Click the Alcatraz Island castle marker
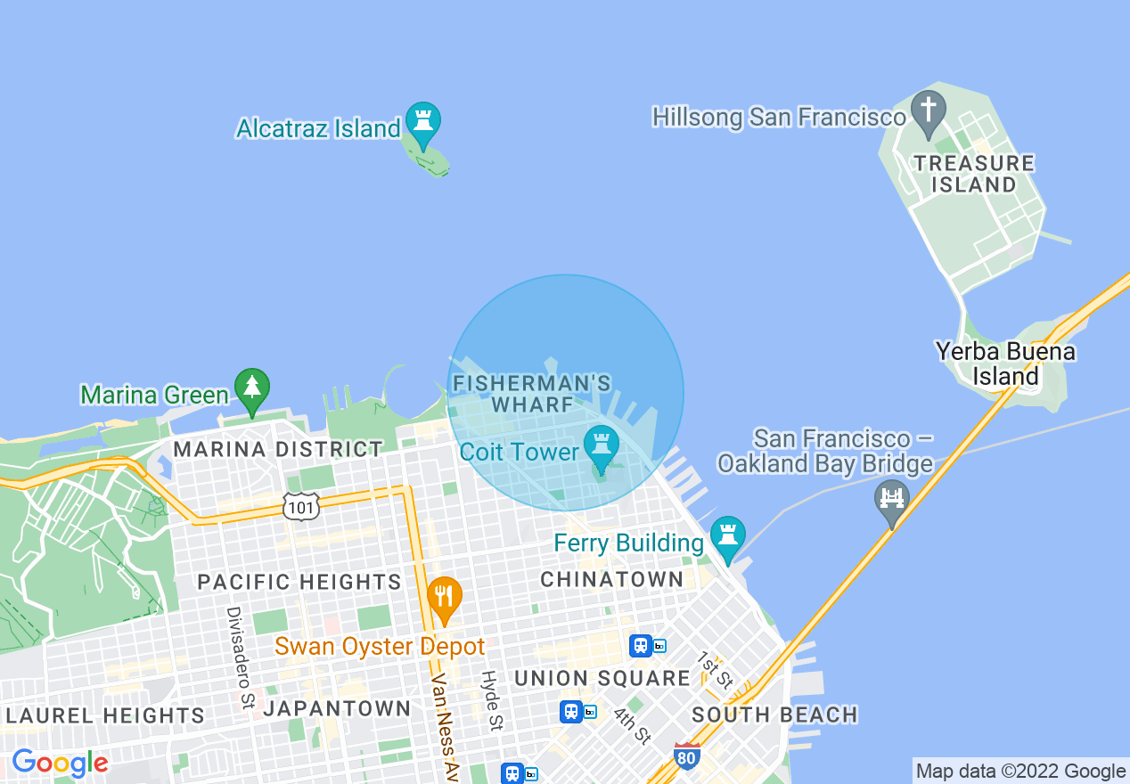click(x=422, y=121)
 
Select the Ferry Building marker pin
click(x=727, y=535)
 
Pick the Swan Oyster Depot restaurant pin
click(x=444, y=597)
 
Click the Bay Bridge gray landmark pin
click(x=891, y=499)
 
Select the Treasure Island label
click(x=973, y=174)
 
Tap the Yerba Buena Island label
click(x=1005, y=363)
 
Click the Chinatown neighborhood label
click(x=611, y=580)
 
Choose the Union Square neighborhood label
click(x=602, y=678)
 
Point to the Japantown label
click(x=337, y=709)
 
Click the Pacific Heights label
click(x=299, y=583)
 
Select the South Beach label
click(x=774, y=715)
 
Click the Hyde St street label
click(x=491, y=701)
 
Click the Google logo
click(x=60, y=763)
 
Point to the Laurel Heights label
click(x=104, y=715)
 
